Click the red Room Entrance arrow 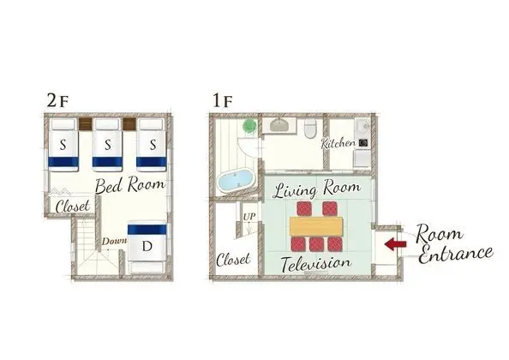395,243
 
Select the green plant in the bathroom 249,126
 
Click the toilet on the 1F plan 310,129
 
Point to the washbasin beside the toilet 279,125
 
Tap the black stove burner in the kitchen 363,142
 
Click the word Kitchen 338,143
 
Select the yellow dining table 316,226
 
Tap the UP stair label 249,217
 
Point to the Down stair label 114,241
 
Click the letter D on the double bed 147,246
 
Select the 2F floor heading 57,101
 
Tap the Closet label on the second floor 73,206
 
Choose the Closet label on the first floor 233,259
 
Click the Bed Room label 130,185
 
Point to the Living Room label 317,189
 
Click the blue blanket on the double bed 147,230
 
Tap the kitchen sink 364,125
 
